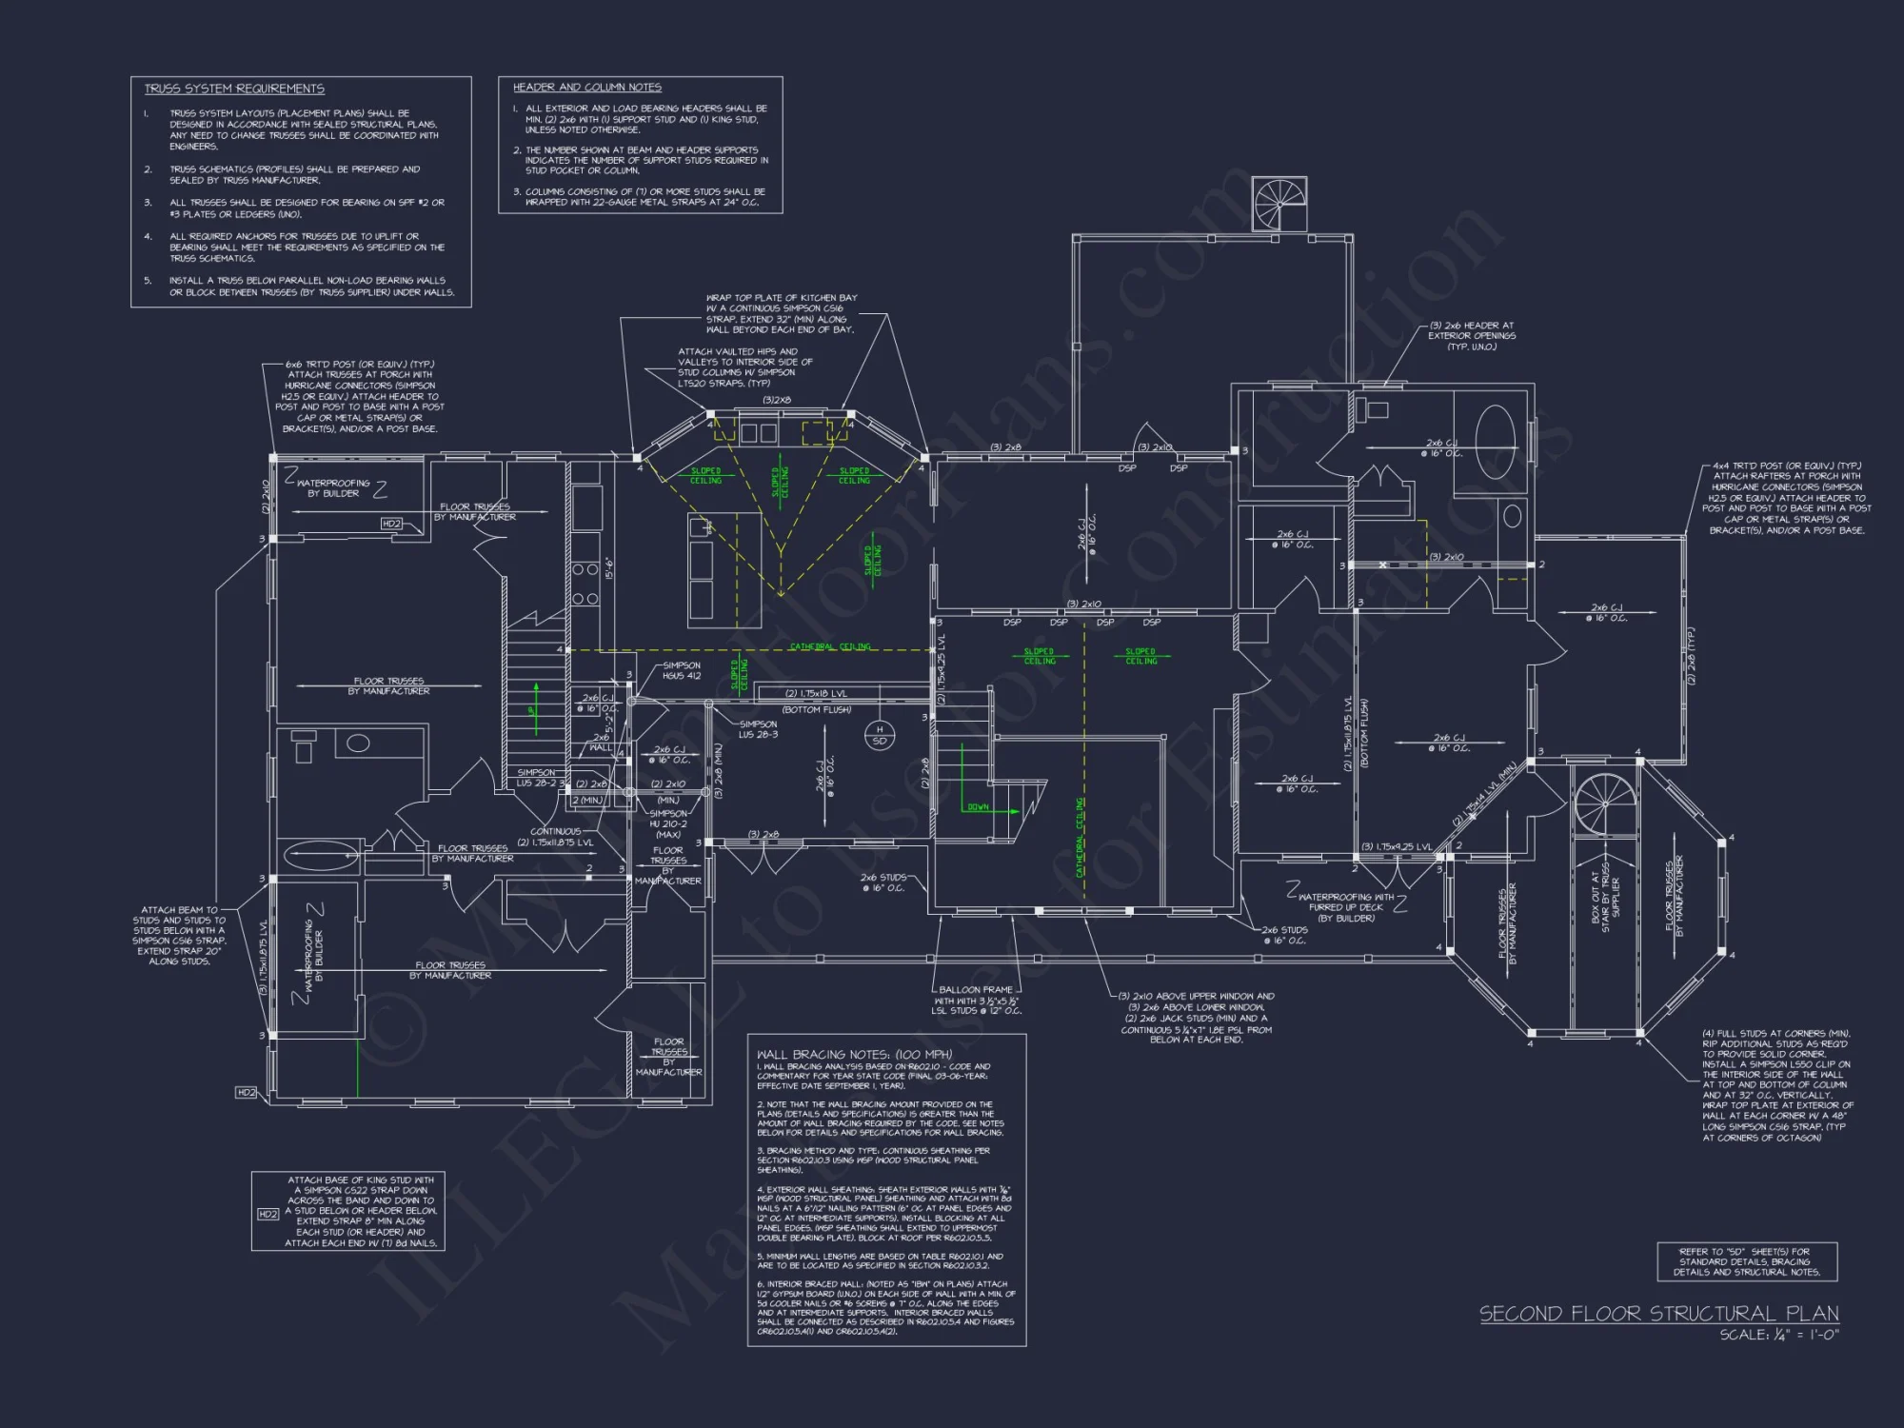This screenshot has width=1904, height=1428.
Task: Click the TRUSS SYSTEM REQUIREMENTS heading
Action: pyautogui.click(x=234, y=89)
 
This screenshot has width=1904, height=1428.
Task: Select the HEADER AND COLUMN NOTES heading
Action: pyautogui.click(x=586, y=87)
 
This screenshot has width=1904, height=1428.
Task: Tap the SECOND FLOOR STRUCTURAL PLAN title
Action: pyautogui.click(x=1658, y=1314)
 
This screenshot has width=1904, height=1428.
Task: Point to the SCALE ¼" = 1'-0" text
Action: pyautogui.click(x=1778, y=1335)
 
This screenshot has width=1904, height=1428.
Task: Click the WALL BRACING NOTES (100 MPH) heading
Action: pyautogui.click(x=854, y=1054)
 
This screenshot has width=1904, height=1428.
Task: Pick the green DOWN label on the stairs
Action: pyautogui.click(x=978, y=807)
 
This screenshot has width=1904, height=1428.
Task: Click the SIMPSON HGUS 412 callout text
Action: pyautogui.click(x=682, y=671)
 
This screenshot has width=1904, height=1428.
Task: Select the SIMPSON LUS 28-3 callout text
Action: pyautogui.click(x=758, y=729)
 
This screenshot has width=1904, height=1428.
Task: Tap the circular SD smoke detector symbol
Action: pyautogui.click(x=879, y=735)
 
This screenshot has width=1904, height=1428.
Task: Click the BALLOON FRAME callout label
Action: pyautogui.click(x=976, y=990)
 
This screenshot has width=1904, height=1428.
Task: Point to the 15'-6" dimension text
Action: pyautogui.click(x=609, y=568)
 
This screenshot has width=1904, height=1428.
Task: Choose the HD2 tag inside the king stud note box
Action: pyautogui.click(x=268, y=1214)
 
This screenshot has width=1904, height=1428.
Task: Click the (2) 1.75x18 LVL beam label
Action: pyautogui.click(x=816, y=694)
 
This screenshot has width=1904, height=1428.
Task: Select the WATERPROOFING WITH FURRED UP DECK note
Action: pyautogui.click(x=1346, y=907)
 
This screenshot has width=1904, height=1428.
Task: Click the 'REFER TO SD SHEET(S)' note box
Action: pyautogui.click(x=1747, y=1261)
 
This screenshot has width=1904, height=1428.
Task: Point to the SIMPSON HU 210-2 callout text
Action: pyautogui.click(x=668, y=819)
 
